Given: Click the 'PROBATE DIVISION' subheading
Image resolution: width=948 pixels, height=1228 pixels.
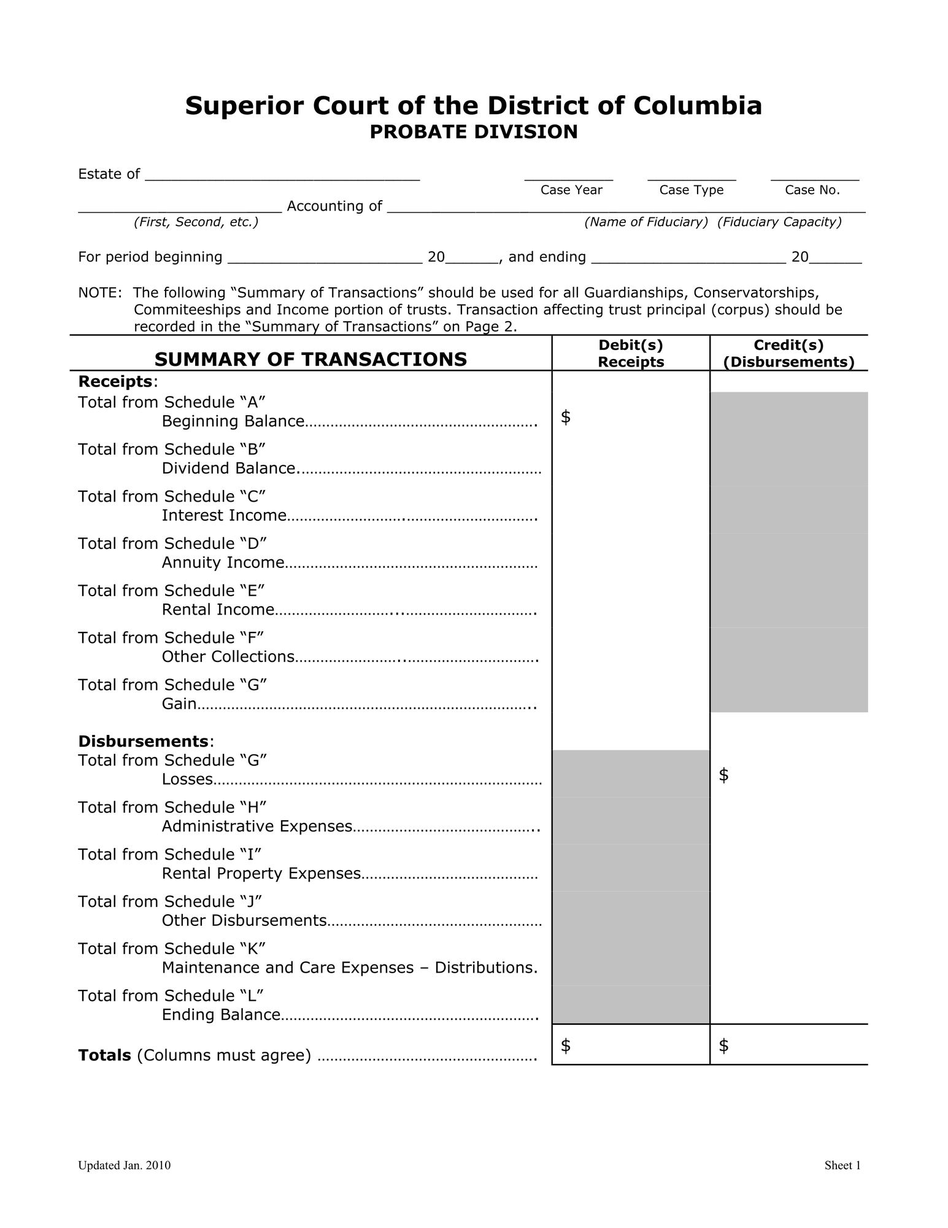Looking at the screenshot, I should pyautogui.click(x=473, y=132).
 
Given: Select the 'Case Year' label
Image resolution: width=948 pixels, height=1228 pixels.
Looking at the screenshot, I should pyautogui.click(x=571, y=190).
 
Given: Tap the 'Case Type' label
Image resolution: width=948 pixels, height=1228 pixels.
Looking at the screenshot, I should pyautogui.click(x=691, y=190).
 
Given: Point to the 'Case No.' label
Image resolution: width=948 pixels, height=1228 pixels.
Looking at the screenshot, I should pyautogui.click(x=812, y=190).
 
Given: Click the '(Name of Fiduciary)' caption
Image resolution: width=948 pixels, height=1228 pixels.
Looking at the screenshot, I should pyautogui.click(x=646, y=222).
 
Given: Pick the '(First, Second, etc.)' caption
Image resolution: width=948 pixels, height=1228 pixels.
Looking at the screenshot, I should pyautogui.click(x=196, y=222).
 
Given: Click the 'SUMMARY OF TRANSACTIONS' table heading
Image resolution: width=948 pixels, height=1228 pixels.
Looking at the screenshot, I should pyautogui.click(x=310, y=359).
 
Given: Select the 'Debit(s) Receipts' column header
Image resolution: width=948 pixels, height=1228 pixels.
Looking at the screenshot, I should pyautogui.click(x=631, y=354).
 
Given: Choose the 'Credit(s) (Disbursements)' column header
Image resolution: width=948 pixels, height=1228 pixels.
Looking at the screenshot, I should pyautogui.click(x=788, y=354).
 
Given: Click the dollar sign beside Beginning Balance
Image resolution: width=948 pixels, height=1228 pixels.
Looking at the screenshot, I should pyautogui.click(x=566, y=418).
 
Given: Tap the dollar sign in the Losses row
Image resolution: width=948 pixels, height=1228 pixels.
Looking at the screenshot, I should pyautogui.click(x=723, y=775).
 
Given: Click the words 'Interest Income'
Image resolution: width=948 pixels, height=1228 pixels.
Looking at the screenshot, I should pyautogui.click(x=224, y=516).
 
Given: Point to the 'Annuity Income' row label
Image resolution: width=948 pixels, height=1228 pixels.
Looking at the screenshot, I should pyautogui.click(x=223, y=563).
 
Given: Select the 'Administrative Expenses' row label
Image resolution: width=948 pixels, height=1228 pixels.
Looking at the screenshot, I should pyautogui.click(x=256, y=826).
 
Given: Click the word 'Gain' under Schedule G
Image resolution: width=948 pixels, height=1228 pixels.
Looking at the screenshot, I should pyautogui.click(x=179, y=704).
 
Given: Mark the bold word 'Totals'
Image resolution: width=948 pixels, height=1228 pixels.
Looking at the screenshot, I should pyautogui.click(x=104, y=1055).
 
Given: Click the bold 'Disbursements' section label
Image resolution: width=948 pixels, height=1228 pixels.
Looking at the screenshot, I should pyautogui.click(x=143, y=742).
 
